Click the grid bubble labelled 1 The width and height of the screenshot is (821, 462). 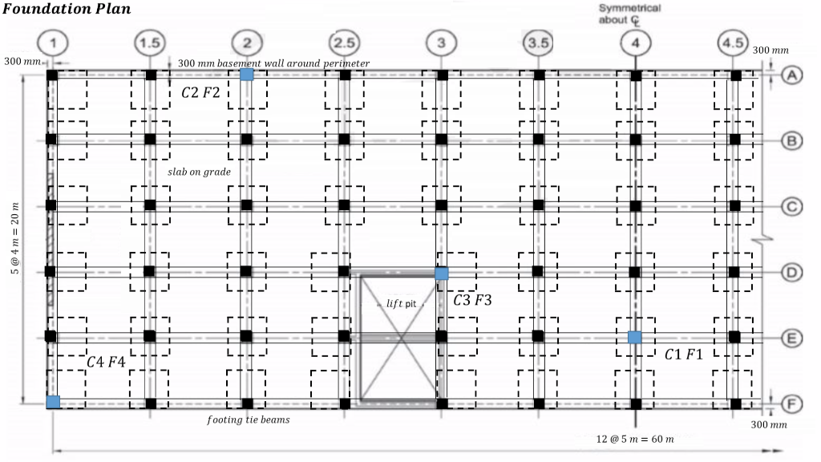coord(52,43)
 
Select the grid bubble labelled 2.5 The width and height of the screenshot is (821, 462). coord(343,43)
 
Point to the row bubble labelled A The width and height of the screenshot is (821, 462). coord(791,75)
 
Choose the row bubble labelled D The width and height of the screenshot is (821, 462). coord(791,273)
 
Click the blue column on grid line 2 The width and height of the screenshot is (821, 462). coord(247,75)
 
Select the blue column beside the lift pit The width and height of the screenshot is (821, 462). coord(442,274)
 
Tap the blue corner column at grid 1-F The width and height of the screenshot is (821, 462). coord(53,402)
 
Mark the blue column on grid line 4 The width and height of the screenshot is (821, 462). coord(634,337)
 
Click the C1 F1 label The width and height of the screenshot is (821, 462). coord(683,355)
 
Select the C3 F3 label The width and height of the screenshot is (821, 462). coord(472,301)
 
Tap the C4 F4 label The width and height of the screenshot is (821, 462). coord(106,363)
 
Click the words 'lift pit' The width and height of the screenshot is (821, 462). coord(405,303)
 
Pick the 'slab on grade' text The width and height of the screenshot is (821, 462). coord(200,172)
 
